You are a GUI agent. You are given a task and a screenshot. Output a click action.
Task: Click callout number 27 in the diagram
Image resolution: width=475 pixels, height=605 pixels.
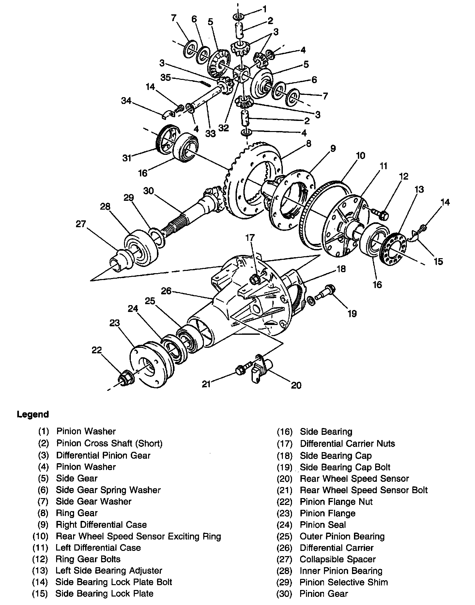(x=81, y=224)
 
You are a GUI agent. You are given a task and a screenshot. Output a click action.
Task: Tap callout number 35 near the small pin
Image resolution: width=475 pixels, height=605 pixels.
(x=166, y=78)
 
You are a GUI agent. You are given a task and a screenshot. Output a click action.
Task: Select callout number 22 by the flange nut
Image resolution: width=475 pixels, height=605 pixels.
(x=97, y=350)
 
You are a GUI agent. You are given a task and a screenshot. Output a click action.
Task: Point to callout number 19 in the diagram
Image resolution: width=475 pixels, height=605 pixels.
(x=352, y=314)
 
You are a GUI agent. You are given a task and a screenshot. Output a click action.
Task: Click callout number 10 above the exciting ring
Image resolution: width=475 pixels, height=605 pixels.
(x=360, y=155)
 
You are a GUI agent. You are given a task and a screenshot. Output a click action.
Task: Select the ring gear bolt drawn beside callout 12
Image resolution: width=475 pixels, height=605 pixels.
(x=380, y=214)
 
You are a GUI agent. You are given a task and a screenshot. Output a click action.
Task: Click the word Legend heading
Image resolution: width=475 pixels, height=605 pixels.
(x=33, y=415)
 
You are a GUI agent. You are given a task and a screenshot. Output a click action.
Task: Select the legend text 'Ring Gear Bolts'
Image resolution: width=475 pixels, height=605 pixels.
(x=88, y=559)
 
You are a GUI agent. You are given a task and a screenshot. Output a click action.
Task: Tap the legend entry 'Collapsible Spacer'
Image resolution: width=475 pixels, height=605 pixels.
(x=338, y=559)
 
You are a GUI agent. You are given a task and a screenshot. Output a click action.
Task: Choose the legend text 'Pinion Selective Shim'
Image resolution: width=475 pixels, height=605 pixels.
(x=344, y=583)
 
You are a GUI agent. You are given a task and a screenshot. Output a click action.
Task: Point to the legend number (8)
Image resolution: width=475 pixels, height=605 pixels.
(x=43, y=513)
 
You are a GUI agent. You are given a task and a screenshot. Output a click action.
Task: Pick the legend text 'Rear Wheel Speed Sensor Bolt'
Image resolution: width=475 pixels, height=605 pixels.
(x=364, y=490)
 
